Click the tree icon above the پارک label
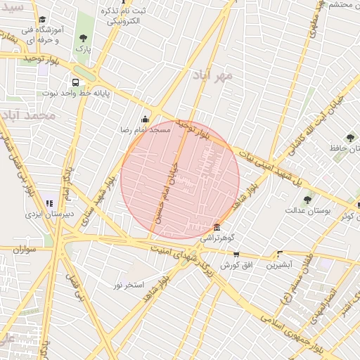click(x=84, y=38)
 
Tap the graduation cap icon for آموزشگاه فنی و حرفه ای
click(x=43, y=20)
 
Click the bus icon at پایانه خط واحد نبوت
click(x=75, y=82)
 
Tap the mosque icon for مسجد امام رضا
click(x=146, y=119)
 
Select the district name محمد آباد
click(x=28, y=115)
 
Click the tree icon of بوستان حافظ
click(x=350, y=138)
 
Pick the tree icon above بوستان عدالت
click(x=307, y=200)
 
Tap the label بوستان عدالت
click(x=303, y=210)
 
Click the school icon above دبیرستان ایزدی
click(x=49, y=203)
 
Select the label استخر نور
click(x=129, y=285)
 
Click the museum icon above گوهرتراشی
click(x=216, y=228)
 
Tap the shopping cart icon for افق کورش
click(x=236, y=255)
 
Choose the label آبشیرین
click(x=280, y=265)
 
